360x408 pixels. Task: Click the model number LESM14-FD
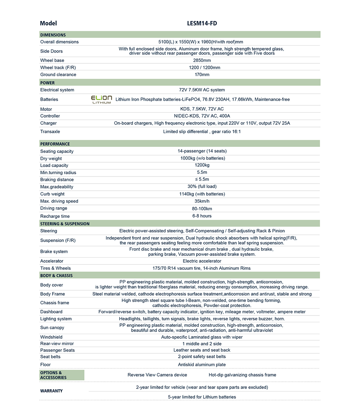click(x=202, y=23)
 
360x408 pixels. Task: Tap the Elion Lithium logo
click(x=101, y=99)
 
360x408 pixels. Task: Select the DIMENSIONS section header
click(x=53, y=35)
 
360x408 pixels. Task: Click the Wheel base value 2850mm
click(x=202, y=60)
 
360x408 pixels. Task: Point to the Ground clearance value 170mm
click(x=202, y=75)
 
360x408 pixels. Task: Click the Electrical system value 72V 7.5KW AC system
click(x=202, y=90)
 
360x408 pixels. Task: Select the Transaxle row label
click(x=50, y=132)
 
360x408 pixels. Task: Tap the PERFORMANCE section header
click(x=55, y=144)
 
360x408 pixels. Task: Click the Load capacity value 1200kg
click(x=202, y=165)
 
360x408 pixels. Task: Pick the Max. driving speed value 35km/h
click(x=202, y=201)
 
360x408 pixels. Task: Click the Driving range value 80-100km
click(x=202, y=209)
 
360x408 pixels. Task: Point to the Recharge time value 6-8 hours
click(x=202, y=216)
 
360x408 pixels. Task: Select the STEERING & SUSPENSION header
click(x=65, y=224)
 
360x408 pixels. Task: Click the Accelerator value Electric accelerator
click(x=202, y=261)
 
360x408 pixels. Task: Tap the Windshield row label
click(x=51, y=337)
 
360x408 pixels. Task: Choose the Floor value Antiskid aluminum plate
click(x=202, y=365)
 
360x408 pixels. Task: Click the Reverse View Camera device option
click(x=157, y=375)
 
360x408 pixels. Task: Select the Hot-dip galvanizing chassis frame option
click(x=242, y=375)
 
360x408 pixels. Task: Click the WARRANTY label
click(x=51, y=391)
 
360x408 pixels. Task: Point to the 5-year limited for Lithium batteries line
click(x=202, y=397)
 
